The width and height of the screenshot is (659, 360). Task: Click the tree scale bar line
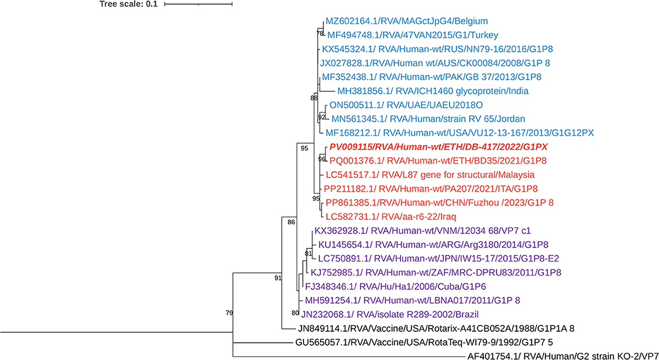pyautogui.click(x=198, y=5)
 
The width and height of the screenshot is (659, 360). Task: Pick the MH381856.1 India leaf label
pyautogui.click(x=433, y=91)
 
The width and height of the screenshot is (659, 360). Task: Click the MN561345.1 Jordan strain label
pyautogui.click(x=429, y=119)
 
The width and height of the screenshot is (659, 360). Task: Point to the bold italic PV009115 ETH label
pyautogui.click(x=439, y=146)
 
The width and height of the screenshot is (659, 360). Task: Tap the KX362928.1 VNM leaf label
pyautogui.click(x=423, y=230)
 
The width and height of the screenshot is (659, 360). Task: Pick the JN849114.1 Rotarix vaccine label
pyautogui.click(x=435, y=327)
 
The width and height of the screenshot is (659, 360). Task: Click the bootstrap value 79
pyautogui.click(x=229, y=313)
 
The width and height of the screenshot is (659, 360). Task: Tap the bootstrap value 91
pyautogui.click(x=277, y=278)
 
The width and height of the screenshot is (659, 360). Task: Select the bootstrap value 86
pyautogui.click(x=291, y=222)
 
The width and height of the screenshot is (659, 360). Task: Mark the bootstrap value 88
pyautogui.click(x=314, y=99)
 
